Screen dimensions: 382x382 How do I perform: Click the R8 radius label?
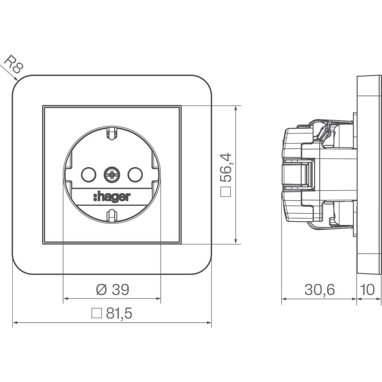tap(14, 64)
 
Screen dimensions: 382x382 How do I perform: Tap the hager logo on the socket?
tap(112, 197)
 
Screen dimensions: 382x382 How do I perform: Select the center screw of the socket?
tap(112, 175)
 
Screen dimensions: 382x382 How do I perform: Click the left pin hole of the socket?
tap(88, 175)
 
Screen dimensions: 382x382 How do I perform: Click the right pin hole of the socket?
tap(135, 175)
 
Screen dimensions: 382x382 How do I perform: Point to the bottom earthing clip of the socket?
tap(112, 215)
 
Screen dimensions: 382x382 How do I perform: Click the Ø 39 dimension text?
tap(113, 289)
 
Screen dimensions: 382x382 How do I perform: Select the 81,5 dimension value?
tap(119, 313)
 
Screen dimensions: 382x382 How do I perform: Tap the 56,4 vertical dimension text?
tap(226, 167)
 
